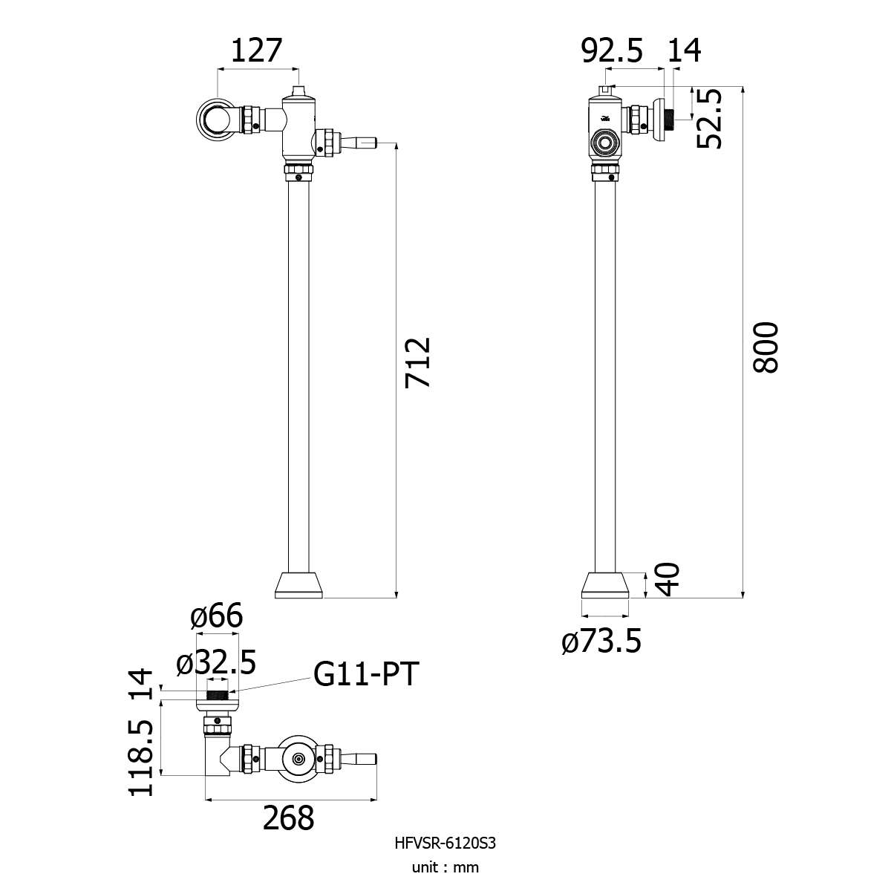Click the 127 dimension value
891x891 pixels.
(256, 50)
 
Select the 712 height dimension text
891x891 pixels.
(417, 363)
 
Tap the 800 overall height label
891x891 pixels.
(766, 347)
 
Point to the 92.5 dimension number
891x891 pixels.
(612, 50)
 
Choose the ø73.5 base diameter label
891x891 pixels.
(601, 642)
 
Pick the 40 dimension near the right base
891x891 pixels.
(668, 579)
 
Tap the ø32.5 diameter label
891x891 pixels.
(216, 662)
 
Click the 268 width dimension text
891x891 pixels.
(289, 818)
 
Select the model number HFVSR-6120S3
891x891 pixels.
(446, 856)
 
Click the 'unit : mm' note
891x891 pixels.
(446, 880)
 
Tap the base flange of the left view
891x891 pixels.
(298, 585)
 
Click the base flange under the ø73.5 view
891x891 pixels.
(605, 585)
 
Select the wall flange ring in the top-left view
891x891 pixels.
(211, 120)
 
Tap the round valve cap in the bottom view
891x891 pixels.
(298, 759)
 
